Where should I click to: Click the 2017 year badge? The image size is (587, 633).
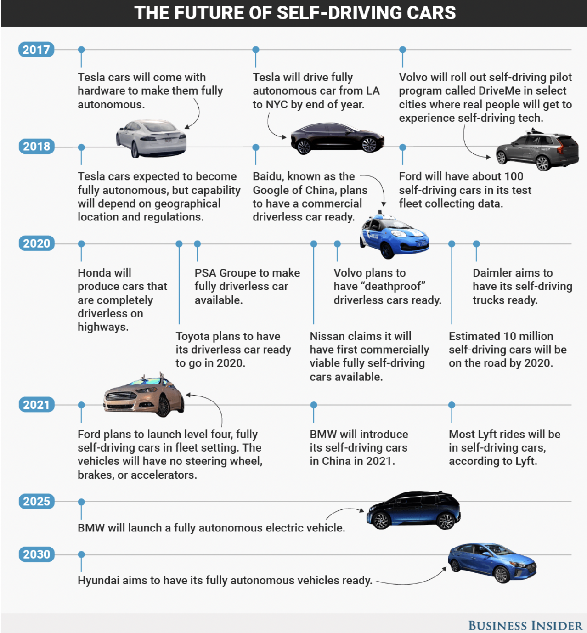[x=36, y=50]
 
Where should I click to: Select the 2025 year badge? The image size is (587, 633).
[x=36, y=501]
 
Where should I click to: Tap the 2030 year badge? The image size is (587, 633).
[x=36, y=554]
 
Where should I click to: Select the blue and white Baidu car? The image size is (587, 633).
[x=394, y=236]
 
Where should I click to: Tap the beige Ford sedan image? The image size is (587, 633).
[x=144, y=396]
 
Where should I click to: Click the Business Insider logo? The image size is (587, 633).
[x=525, y=626]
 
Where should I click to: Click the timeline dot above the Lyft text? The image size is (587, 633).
[x=452, y=405]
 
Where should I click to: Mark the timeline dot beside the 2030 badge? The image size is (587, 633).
[x=81, y=554]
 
